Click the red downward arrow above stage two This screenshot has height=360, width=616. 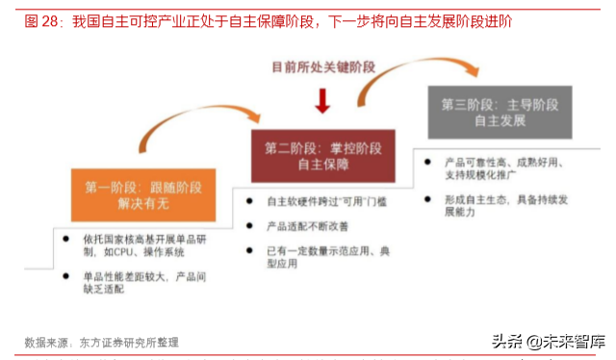pos(322,100)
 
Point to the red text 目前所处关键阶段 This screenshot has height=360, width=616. pos(321,67)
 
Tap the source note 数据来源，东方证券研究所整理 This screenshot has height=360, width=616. pos(101,342)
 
